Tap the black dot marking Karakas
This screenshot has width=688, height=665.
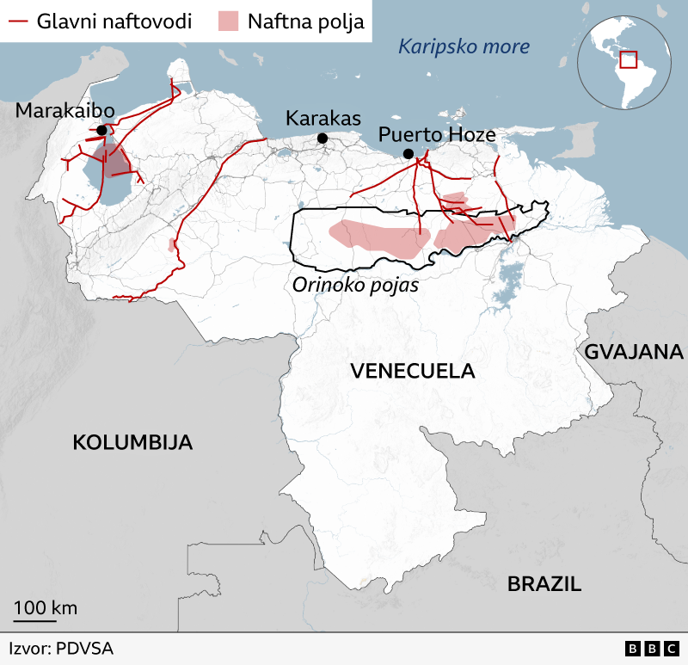tap(322, 139)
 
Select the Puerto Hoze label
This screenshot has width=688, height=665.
tap(437, 134)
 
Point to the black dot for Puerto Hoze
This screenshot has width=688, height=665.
tap(408, 154)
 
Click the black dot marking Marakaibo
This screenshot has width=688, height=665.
tap(102, 130)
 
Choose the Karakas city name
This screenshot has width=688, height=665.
tap(323, 118)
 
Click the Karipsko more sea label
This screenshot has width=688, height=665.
tap(464, 46)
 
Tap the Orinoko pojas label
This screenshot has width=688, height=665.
tap(354, 285)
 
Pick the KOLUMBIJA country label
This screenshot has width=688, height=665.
tap(132, 442)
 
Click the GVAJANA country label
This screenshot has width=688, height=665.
tap(634, 351)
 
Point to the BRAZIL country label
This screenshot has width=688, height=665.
tap(544, 583)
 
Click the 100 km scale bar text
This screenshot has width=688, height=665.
tap(45, 607)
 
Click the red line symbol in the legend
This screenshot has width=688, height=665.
tap(17, 22)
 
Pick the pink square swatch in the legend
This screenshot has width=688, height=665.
tap(228, 22)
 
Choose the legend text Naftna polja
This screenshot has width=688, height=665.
tap(305, 22)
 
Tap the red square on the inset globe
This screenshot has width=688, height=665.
tap(628, 59)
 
